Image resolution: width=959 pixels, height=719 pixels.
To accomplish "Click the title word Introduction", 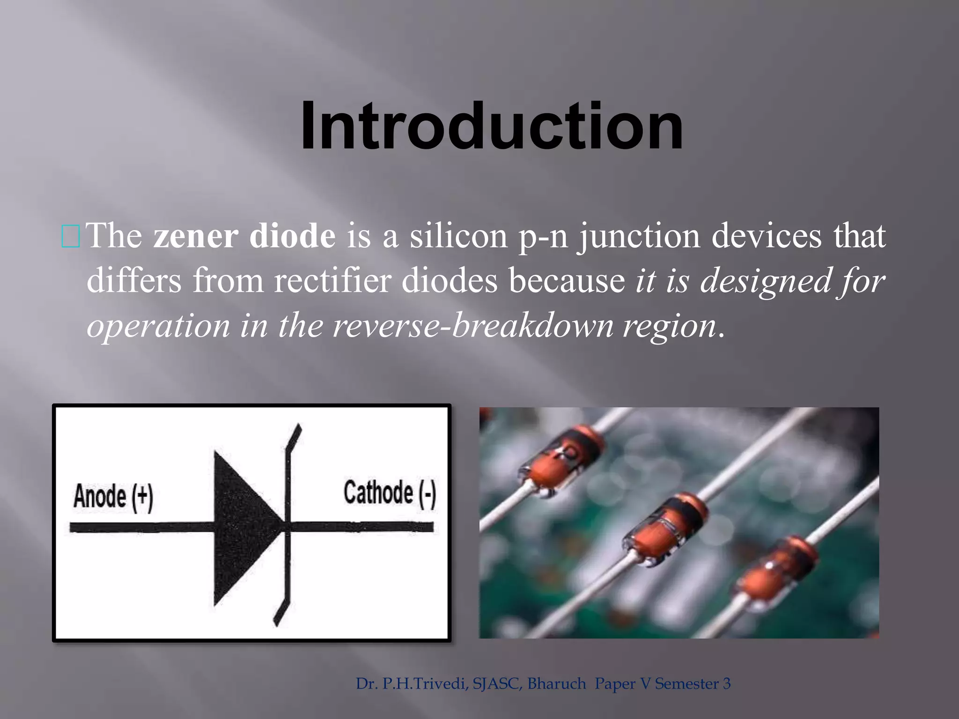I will click(492, 127).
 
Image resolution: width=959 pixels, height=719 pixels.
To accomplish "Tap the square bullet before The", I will click(71, 236).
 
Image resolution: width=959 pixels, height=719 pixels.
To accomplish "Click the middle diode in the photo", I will click(665, 529).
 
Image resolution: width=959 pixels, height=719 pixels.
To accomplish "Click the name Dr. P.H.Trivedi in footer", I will click(412, 684).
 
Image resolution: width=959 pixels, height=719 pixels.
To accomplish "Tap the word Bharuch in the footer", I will click(557, 684).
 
